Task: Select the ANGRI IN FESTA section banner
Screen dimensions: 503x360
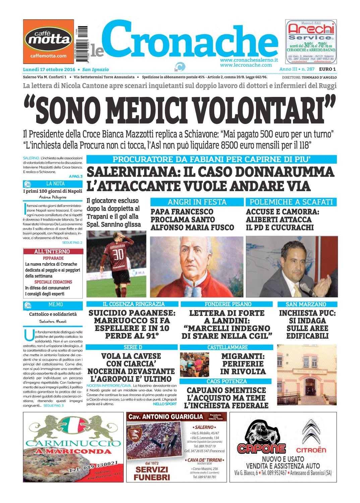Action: coord(197,202)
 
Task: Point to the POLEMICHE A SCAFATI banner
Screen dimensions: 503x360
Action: coord(291,202)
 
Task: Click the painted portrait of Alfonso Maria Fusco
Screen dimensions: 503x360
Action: coord(196,267)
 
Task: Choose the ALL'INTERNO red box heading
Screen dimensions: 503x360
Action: coord(52,251)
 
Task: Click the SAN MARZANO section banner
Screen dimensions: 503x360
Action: coord(306,304)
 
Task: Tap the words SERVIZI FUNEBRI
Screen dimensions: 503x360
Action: coord(153,473)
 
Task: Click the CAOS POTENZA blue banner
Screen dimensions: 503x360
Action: coord(226,381)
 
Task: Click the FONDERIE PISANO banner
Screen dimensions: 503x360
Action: coord(228,304)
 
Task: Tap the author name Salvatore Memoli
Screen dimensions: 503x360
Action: coord(53,321)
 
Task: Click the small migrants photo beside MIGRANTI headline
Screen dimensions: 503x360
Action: coord(195,364)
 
